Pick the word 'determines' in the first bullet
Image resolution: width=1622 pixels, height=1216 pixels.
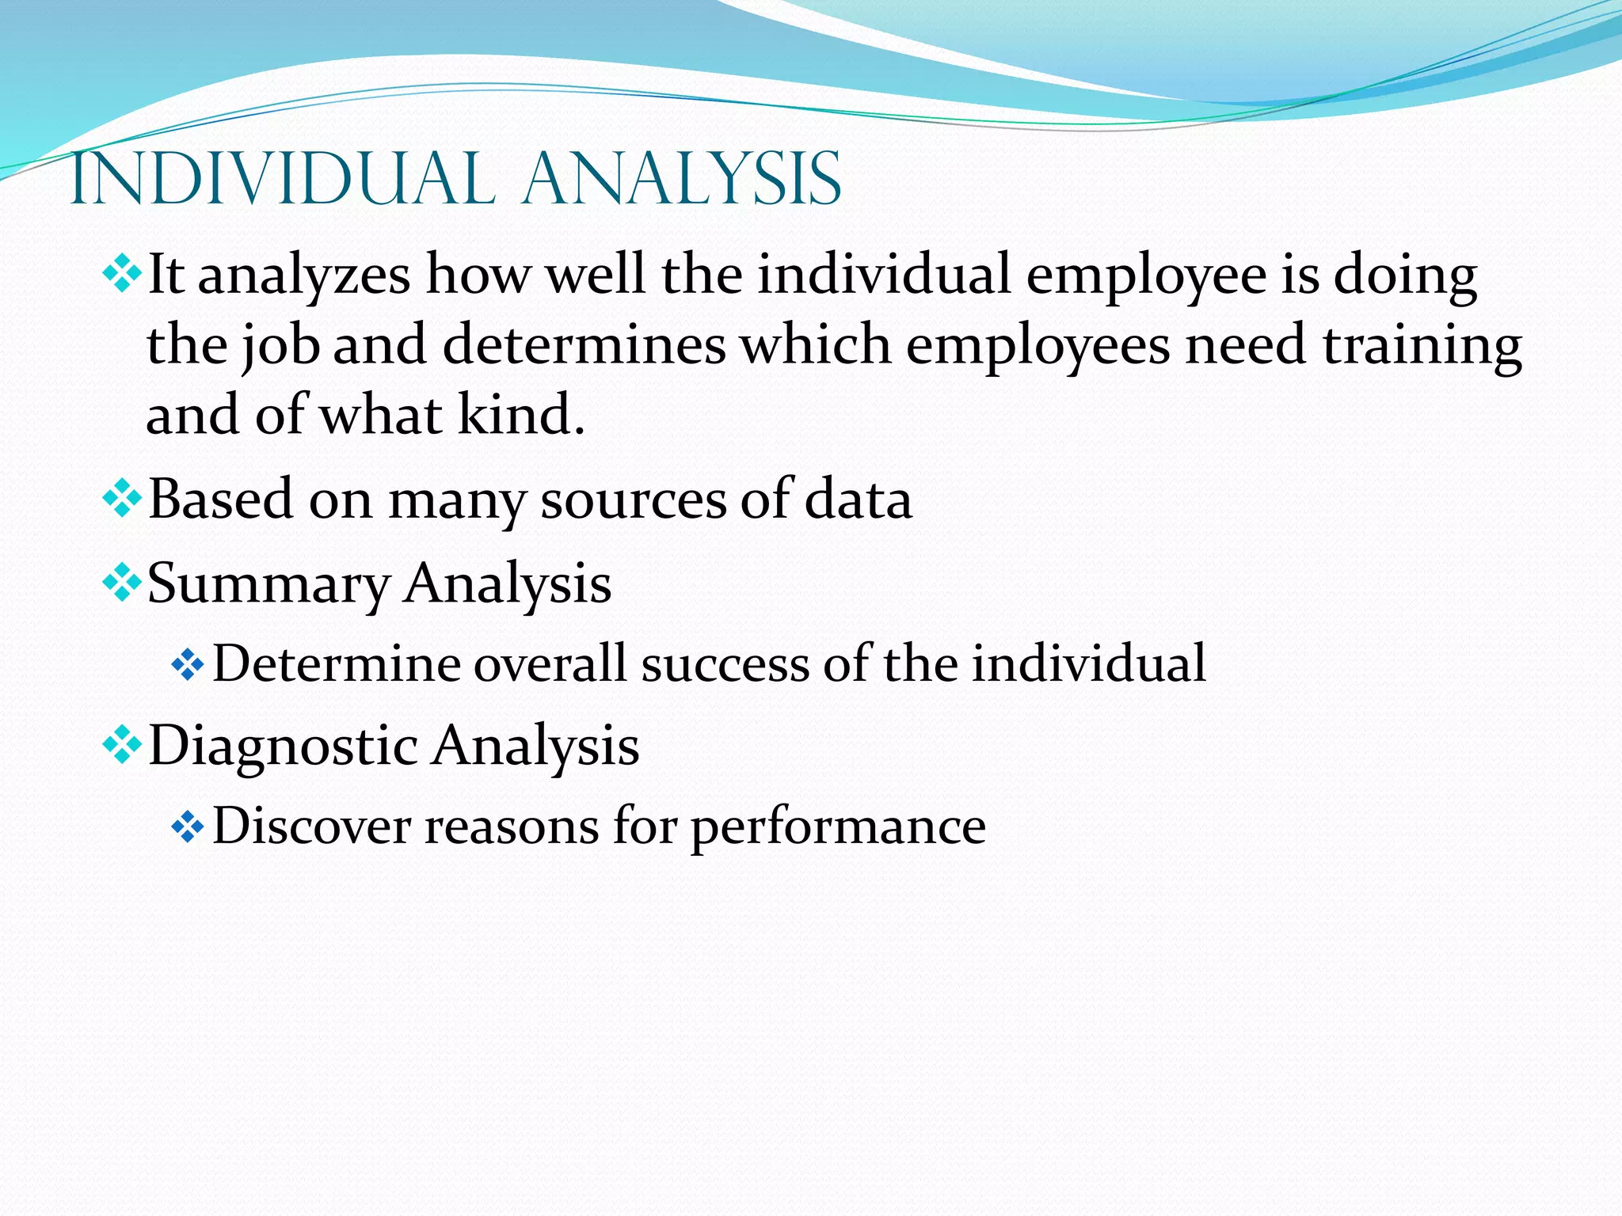[584, 346]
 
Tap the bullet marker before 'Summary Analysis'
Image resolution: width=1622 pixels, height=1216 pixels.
[122, 584]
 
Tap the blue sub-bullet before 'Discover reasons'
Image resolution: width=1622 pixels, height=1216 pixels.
[188, 828]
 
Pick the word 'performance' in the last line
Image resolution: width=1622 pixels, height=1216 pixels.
[838, 829]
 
